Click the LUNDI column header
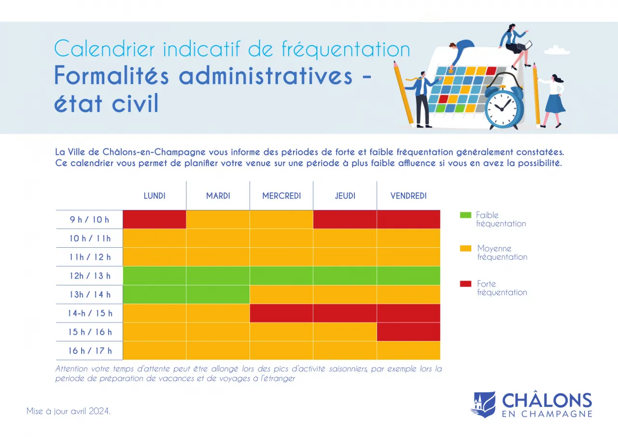coord(154,196)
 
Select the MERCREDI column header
coord(281,196)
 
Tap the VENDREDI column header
coord(408,196)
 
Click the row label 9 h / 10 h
coord(90,220)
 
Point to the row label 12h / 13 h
coord(90,276)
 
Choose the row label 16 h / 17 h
coord(90,351)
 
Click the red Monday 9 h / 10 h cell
coord(154,219)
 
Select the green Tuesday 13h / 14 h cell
coord(218,295)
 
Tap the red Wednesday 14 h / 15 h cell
coord(281,313)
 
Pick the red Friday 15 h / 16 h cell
coord(408,332)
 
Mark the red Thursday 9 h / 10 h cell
coord(345,219)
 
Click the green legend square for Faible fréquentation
coord(465,215)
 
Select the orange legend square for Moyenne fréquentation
coord(465,248)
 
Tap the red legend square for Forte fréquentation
coord(465,284)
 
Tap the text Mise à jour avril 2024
coord(69,411)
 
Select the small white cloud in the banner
coord(557,50)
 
